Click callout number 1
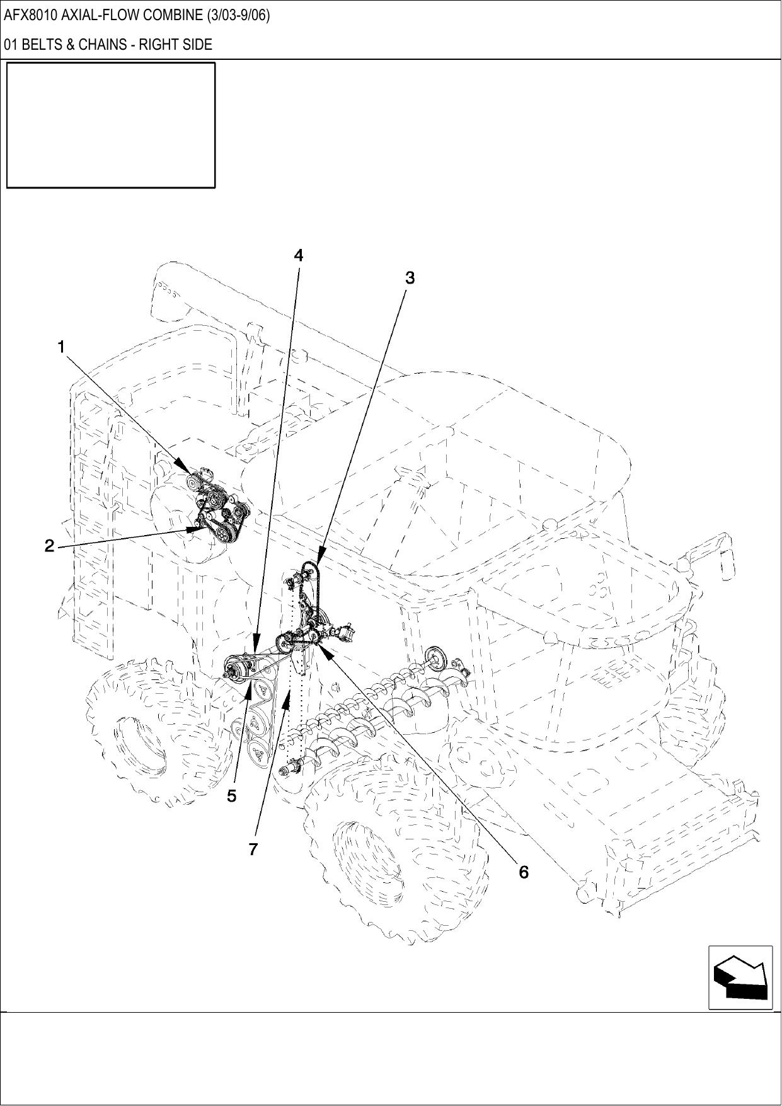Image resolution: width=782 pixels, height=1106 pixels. point(61,347)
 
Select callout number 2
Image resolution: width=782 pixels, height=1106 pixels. point(50,546)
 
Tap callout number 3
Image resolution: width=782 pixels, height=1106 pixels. point(410,277)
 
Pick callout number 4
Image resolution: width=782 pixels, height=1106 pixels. point(299,255)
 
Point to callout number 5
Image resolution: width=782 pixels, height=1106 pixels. point(232,796)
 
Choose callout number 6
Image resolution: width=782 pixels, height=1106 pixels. point(524,872)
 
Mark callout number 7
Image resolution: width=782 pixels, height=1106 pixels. point(253,850)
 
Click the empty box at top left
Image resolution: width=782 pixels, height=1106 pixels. point(111,125)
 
